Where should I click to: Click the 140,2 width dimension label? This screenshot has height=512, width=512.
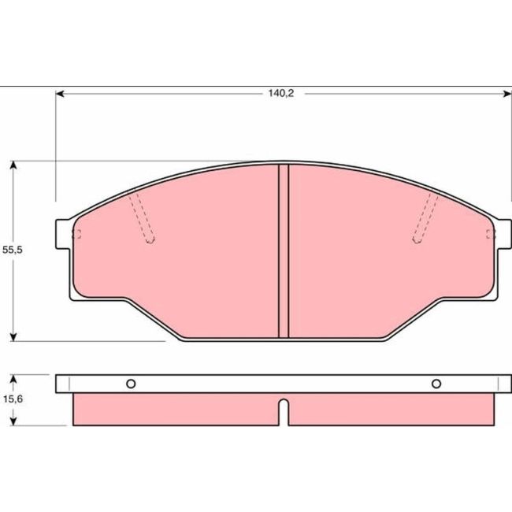click(275, 92)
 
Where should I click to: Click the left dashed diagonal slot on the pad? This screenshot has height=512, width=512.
click(142, 217)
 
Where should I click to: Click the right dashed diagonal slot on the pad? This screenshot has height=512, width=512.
click(426, 217)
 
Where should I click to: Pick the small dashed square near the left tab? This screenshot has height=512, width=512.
click(77, 232)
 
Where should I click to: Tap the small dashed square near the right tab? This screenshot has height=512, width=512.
click(491, 232)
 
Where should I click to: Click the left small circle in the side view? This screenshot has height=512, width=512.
click(131, 384)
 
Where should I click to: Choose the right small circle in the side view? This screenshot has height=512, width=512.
click(436, 384)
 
